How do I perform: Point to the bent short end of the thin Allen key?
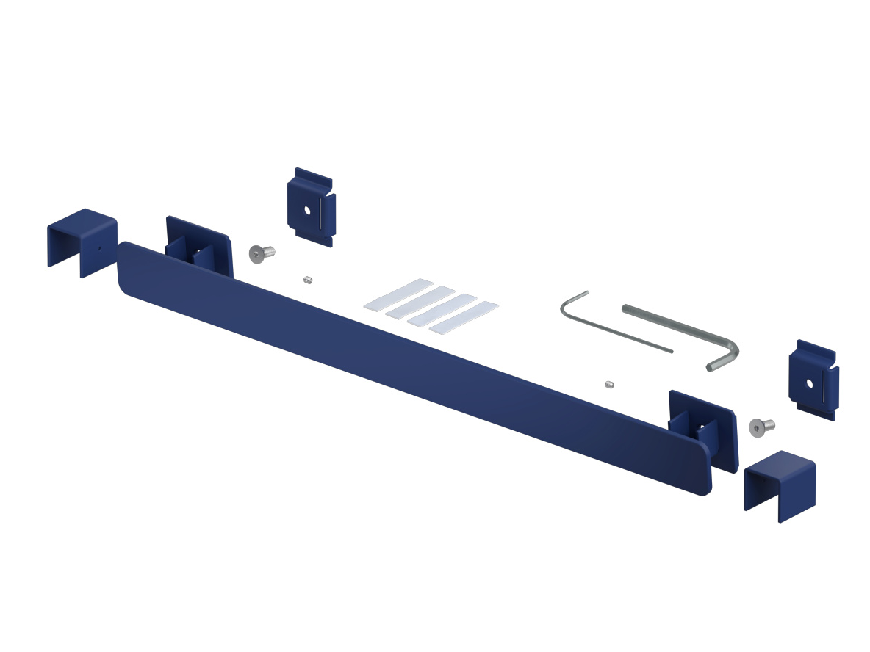(x=573, y=301)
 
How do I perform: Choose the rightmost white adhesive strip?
(x=464, y=317)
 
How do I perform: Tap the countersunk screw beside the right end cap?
(x=761, y=426)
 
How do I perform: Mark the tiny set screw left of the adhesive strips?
(x=308, y=280)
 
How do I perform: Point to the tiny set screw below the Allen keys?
(x=609, y=384)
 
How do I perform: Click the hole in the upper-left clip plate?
(x=308, y=211)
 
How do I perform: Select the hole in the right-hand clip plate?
(x=810, y=383)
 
